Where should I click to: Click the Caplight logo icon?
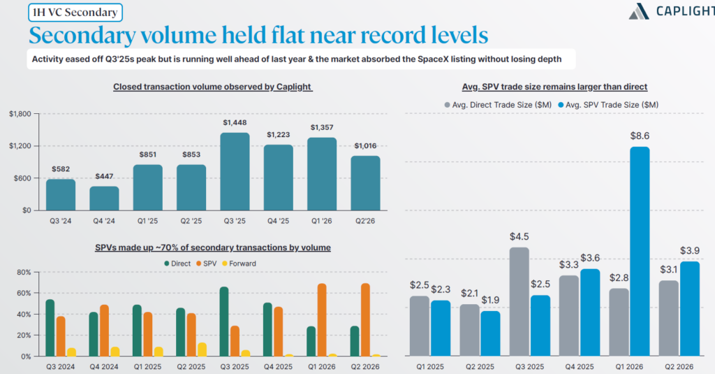639,11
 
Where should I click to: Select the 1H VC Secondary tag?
75,13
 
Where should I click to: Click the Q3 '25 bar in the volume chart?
235,171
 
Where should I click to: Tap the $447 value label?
104,176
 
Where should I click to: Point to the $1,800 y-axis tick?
20,114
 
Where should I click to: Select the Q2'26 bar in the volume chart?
365,183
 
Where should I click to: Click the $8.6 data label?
640,136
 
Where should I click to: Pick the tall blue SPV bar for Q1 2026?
640,251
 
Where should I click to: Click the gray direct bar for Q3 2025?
519,301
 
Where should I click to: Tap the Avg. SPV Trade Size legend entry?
608,105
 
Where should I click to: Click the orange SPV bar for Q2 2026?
365,319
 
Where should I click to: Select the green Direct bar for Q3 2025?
224,322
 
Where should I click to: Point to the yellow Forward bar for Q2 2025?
202,350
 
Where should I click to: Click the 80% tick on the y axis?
24,272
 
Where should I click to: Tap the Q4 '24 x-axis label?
104,221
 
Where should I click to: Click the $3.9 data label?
689,250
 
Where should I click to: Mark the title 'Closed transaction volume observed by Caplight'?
212,87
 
